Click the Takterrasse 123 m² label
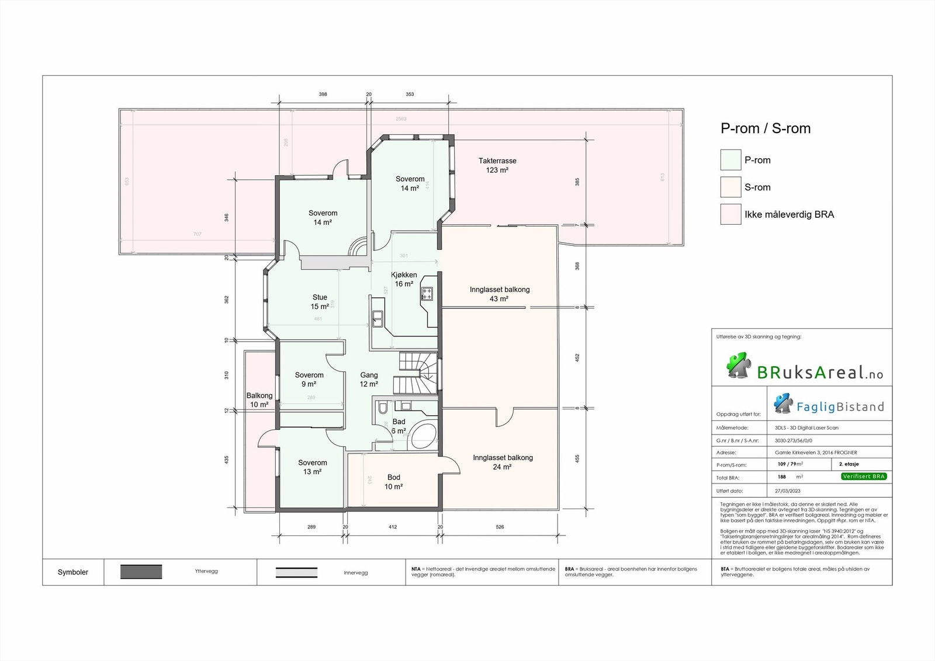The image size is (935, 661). tap(497, 165)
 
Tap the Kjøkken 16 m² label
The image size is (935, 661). tap(404, 279)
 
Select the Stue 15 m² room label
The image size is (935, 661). tap(320, 302)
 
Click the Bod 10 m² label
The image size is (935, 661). tap(393, 482)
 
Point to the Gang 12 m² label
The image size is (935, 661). tap(369, 380)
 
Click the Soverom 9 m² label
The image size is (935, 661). tap(309, 380)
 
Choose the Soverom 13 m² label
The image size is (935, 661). tap(312, 467)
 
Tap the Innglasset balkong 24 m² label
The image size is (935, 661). tap(503, 462)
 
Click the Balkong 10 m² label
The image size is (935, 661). tap(259, 400)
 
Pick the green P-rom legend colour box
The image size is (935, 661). tap(730, 160)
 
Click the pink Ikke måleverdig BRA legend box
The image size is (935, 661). tap(730, 214)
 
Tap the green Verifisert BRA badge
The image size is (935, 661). tap(864, 476)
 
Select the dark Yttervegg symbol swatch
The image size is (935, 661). tap(141, 572)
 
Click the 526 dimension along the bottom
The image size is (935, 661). tap(500, 527)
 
